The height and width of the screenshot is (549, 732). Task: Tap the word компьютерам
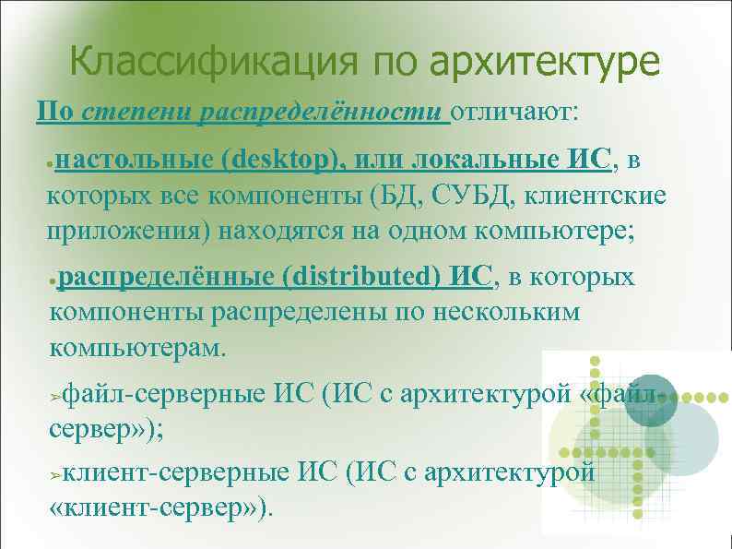click(136, 349)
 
